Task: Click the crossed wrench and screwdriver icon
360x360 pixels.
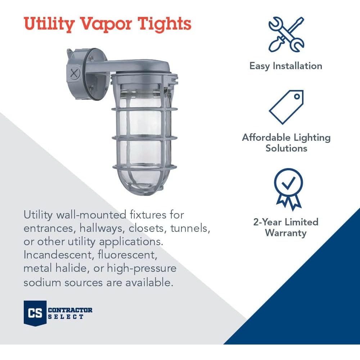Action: [x=286, y=34]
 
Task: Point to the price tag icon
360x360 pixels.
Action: [x=286, y=107]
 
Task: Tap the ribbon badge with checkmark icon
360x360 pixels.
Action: [x=288, y=189]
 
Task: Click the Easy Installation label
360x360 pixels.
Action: [x=286, y=66]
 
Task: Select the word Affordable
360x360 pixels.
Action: [x=266, y=137]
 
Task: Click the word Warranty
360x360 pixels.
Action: [x=286, y=233]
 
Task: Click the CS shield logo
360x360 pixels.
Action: [x=35, y=313]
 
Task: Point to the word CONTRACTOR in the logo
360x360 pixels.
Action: [x=70, y=310]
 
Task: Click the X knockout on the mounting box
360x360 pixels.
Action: [x=74, y=74]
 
